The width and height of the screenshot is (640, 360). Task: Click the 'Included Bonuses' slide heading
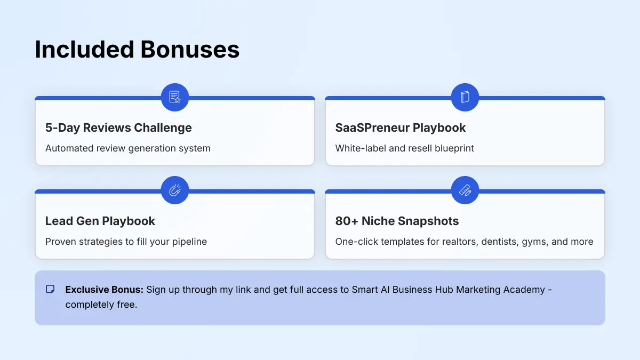(x=137, y=50)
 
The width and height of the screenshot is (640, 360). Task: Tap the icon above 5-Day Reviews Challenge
(x=175, y=97)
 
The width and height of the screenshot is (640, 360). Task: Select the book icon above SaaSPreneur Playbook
(x=465, y=97)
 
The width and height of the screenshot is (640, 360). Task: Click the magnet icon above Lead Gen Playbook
(x=175, y=190)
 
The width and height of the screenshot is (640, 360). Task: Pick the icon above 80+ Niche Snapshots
(x=465, y=190)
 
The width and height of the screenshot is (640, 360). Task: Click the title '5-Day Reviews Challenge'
(x=118, y=128)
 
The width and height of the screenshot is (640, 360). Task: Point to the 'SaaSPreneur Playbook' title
(x=401, y=128)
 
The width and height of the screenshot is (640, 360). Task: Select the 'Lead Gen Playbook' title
(x=100, y=221)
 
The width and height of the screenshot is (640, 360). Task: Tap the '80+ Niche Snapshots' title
(x=397, y=221)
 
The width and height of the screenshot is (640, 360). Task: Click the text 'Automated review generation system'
(x=128, y=148)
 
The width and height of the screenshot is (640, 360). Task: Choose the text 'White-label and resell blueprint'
(x=405, y=148)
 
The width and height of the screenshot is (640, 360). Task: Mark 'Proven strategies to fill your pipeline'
(x=126, y=242)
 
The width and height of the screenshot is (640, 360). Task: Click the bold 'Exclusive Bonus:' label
(x=105, y=290)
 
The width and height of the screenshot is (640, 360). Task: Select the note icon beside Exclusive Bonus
(x=50, y=290)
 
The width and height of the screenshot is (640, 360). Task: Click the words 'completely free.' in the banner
(x=101, y=306)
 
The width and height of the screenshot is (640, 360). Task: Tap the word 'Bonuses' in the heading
(x=190, y=50)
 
